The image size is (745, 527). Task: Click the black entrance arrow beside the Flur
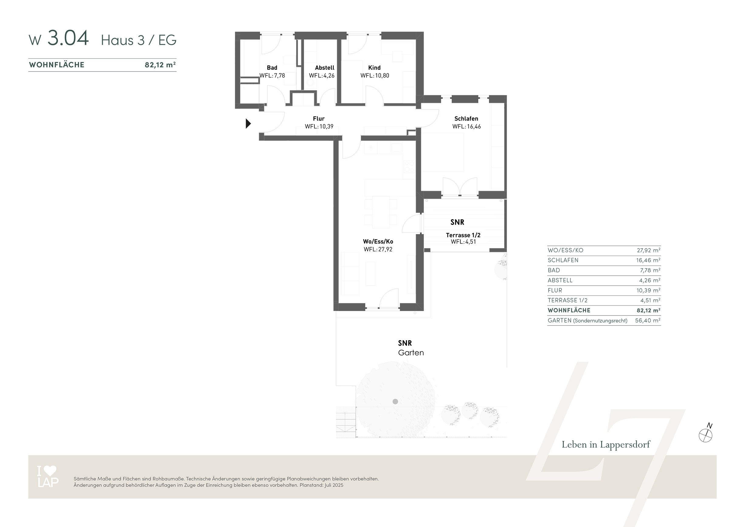pos(248,124)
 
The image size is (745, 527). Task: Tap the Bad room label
pos(272,68)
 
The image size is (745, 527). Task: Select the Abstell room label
pos(324,68)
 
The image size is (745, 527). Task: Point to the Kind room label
pos(374,68)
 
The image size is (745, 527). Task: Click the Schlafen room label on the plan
pos(466,119)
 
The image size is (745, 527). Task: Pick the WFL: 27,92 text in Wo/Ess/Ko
pos(378,250)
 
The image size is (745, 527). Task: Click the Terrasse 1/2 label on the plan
pos(463,235)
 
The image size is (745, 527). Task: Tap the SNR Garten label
pos(411,348)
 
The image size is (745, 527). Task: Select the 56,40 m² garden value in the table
pos(648,320)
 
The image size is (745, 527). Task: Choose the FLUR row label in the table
pos(555,291)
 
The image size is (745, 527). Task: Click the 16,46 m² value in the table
pos(648,260)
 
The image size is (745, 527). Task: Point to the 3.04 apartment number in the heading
pos(68,38)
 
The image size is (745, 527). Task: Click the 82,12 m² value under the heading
pos(160,65)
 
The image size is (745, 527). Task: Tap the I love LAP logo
pos(48,476)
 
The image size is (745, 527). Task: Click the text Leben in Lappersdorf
pos(606,445)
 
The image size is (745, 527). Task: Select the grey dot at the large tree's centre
pos(395,402)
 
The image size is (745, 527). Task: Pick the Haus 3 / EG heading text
pos(139,40)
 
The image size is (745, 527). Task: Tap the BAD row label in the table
pos(554,270)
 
